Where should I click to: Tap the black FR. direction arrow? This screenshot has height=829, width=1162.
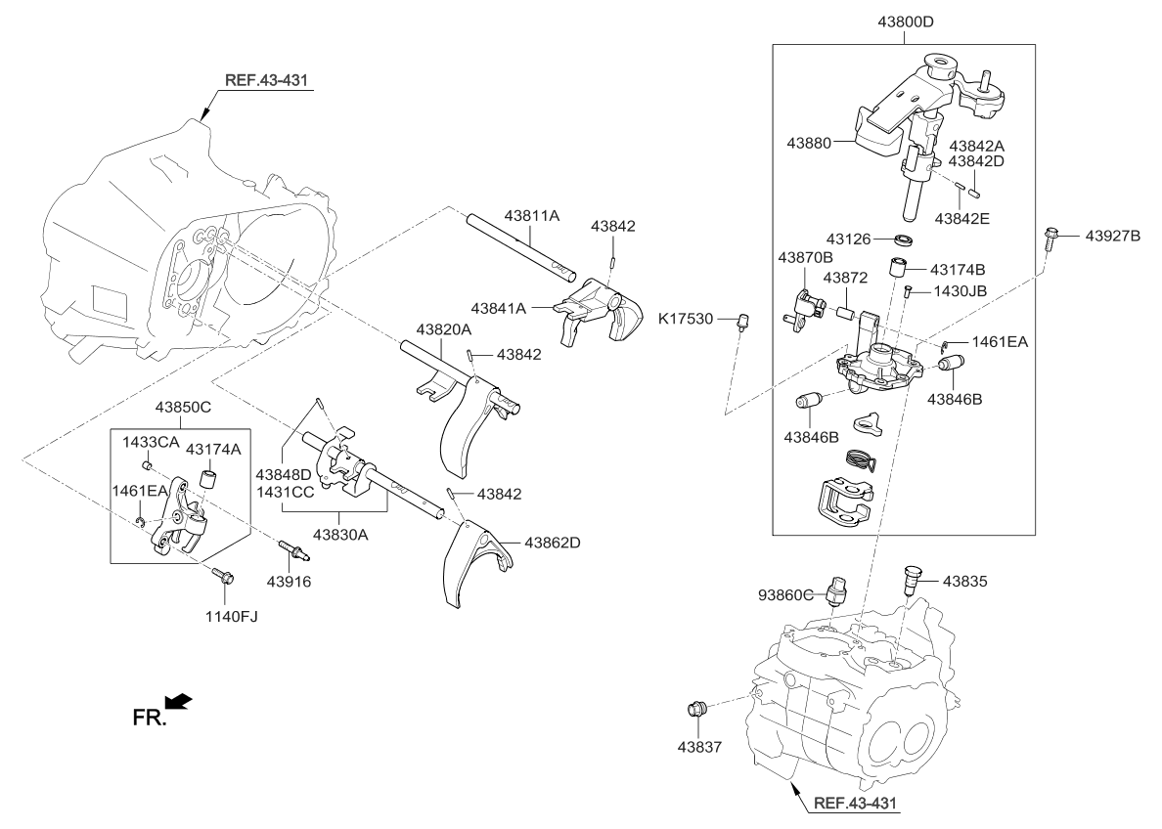pyautogui.click(x=179, y=702)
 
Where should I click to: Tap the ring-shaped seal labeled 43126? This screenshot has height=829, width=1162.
pyautogui.click(x=908, y=240)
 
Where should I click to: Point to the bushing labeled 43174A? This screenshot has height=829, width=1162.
pyautogui.click(x=207, y=481)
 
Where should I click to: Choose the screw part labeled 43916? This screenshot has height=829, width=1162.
pyautogui.click(x=293, y=553)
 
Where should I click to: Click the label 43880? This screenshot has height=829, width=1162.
pyautogui.click(x=808, y=143)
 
